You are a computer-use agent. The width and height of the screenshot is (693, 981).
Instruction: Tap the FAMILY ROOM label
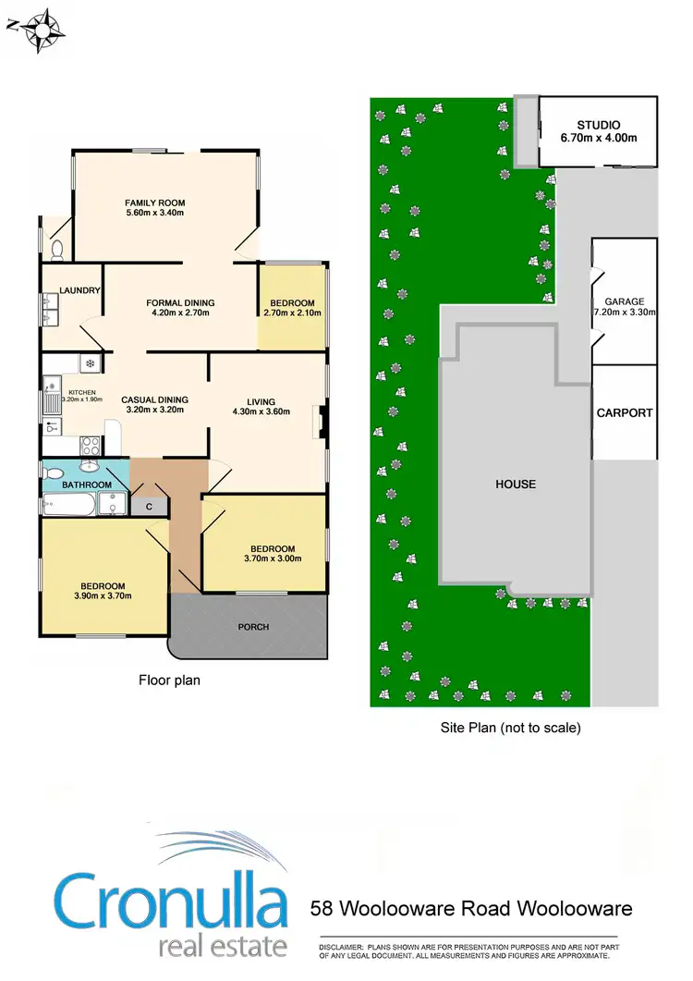pyautogui.click(x=155, y=202)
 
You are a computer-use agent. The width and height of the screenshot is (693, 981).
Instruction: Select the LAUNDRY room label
pyautogui.click(x=79, y=290)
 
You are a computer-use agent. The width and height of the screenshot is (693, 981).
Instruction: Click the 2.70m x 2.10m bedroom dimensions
pyautogui.click(x=291, y=313)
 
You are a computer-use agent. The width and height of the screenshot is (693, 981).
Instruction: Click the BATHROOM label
pyautogui.click(x=87, y=484)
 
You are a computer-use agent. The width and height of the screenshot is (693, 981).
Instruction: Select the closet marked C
pyautogui.click(x=148, y=506)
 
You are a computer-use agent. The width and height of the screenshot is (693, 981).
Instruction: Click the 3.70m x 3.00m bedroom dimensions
pyautogui.click(x=272, y=558)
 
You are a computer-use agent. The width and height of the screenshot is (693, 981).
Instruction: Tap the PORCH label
pyautogui.click(x=254, y=627)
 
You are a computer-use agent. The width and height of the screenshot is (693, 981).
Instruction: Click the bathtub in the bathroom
pyautogui.click(x=70, y=505)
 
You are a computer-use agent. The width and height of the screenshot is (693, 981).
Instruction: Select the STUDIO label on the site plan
pyautogui.click(x=598, y=125)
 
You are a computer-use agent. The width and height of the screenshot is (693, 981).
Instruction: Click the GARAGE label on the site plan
pyautogui.click(x=624, y=301)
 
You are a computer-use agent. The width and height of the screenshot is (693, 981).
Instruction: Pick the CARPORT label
pyautogui.click(x=625, y=413)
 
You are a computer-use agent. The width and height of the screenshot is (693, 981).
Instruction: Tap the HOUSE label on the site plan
pyautogui.click(x=515, y=484)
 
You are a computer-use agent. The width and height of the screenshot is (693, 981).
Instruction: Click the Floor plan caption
pyautogui.click(x=169, y=680)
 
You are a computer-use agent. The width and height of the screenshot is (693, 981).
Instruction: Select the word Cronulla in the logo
pyautogui.click(x=172, y=901)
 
